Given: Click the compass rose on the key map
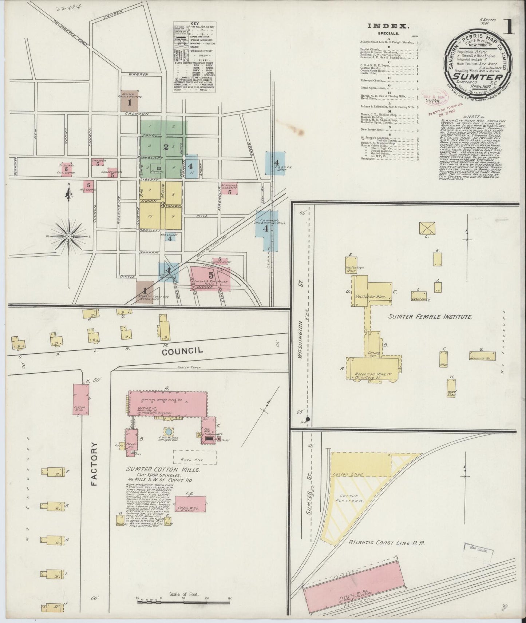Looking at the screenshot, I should (68, 237).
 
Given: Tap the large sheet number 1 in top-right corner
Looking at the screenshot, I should (509, 27).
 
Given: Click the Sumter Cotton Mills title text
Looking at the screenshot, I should (163, 470).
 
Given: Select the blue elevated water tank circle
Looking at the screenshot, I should (169, 431).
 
